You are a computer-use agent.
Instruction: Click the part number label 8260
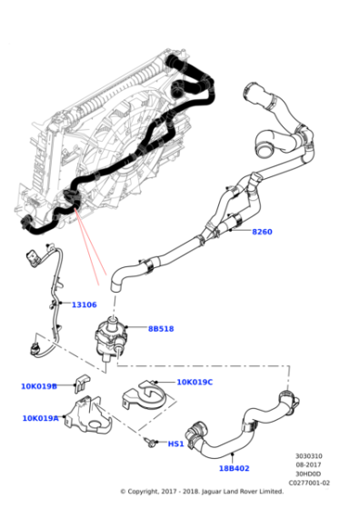point(261,232)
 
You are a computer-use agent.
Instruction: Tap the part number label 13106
point(85,305)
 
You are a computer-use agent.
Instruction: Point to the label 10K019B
point(39,386)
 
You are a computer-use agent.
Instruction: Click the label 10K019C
point(195,383)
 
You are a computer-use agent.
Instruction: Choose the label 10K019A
point(40,418)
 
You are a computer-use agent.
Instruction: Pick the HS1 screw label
point(175,444)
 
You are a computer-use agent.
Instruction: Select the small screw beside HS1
point(148,442)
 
